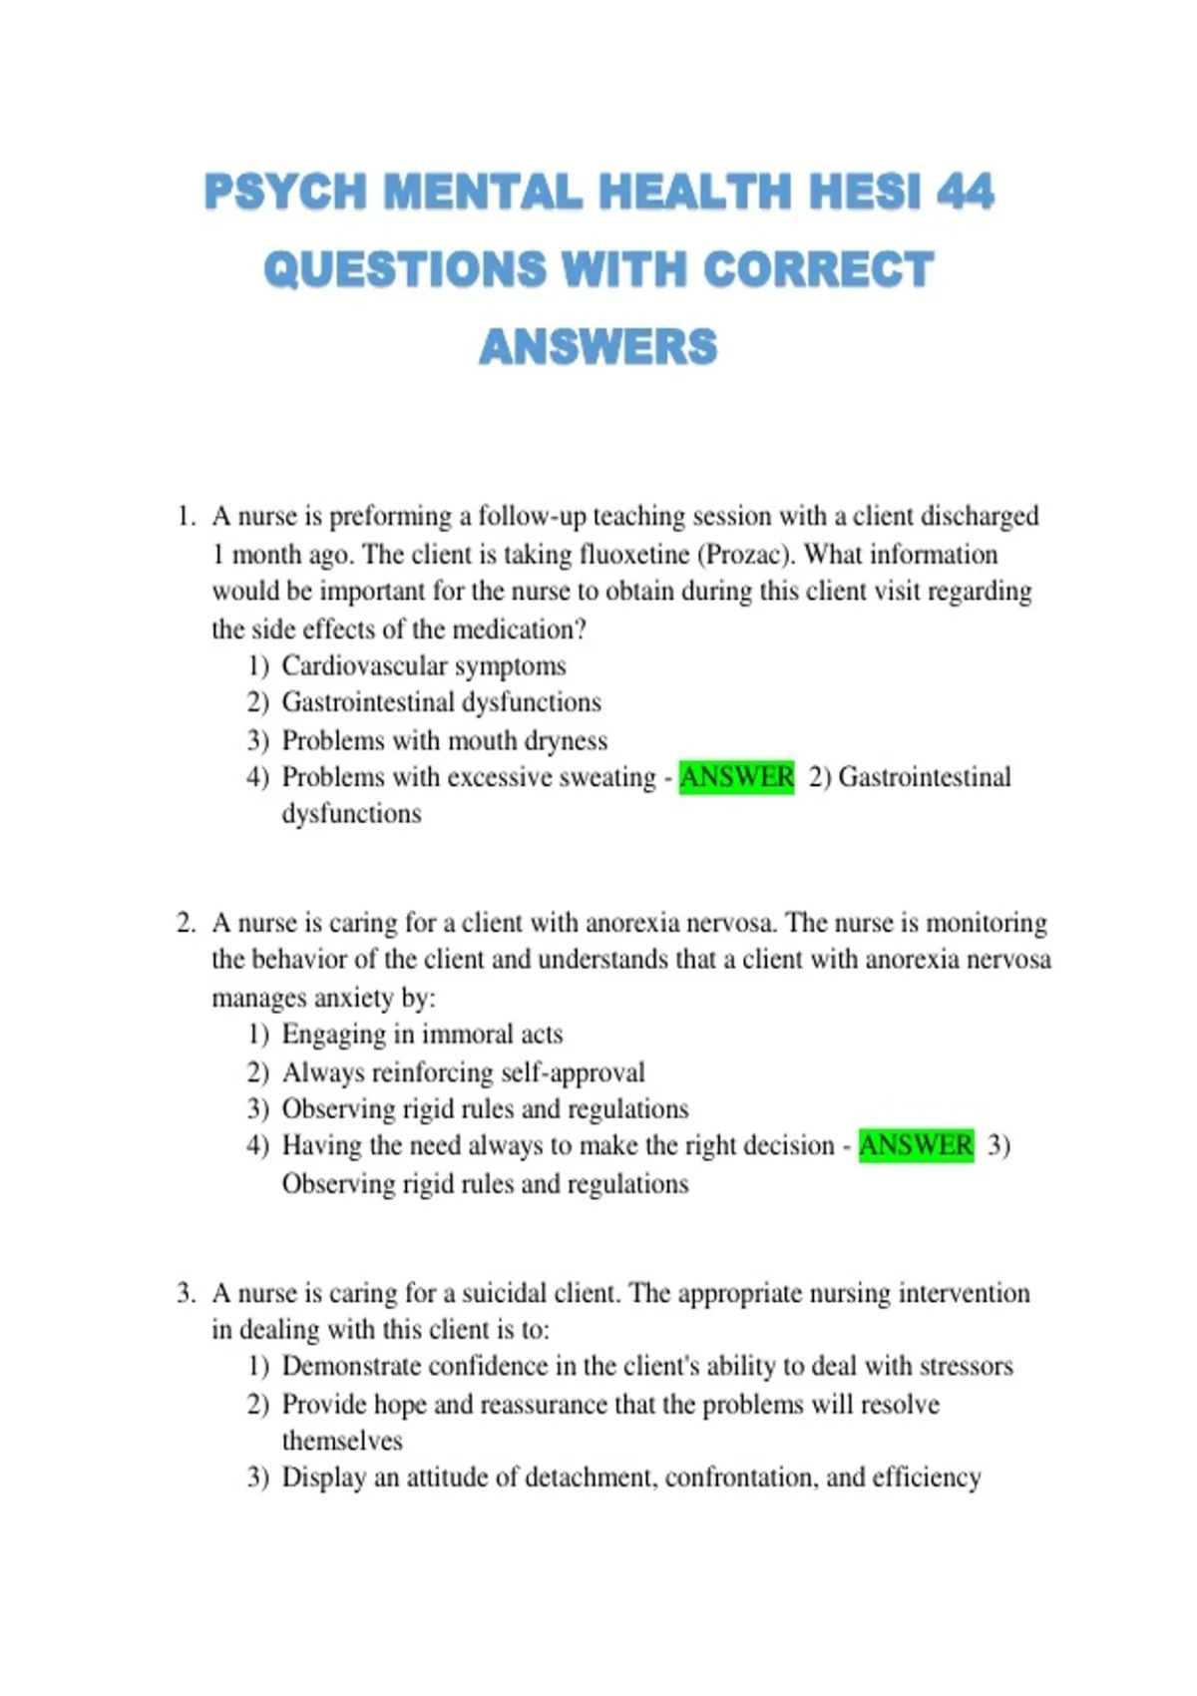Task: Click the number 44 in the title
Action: point(965,192)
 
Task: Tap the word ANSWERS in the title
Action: point(598,347)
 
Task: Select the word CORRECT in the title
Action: point(818,269)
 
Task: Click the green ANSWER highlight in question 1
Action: point(736,776)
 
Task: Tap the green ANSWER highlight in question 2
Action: point(916,1144)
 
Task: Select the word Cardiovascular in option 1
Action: point(364,665)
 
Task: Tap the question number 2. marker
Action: point(186,923)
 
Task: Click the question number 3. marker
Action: point(186,1293)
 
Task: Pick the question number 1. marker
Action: point(186,517)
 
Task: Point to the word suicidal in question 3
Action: point(507,1293)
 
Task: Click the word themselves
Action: point(342,1441)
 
